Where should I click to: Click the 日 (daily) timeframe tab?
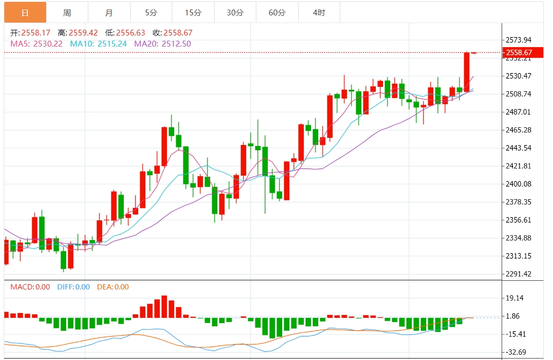click(x=25, y=12)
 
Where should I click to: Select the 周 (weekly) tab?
click(x=67, y=12)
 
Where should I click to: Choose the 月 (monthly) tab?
click(x=109, y=12)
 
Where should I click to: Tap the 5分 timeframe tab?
click(x=151, y=12)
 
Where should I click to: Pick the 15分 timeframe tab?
click(x=193, y=12)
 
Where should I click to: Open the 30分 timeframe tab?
click(x=235, y=12)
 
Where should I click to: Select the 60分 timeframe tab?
click(x=277, y=12)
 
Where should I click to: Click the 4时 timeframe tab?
click(x=319, y=12)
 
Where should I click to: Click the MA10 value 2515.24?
click(x=112, y=44)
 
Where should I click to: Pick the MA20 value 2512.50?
click(x=176, y=44)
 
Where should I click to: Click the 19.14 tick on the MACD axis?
click(x=515, y=298)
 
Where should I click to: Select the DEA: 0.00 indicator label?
click(x=113, y=287)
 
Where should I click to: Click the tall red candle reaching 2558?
click(x=467, y=72)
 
